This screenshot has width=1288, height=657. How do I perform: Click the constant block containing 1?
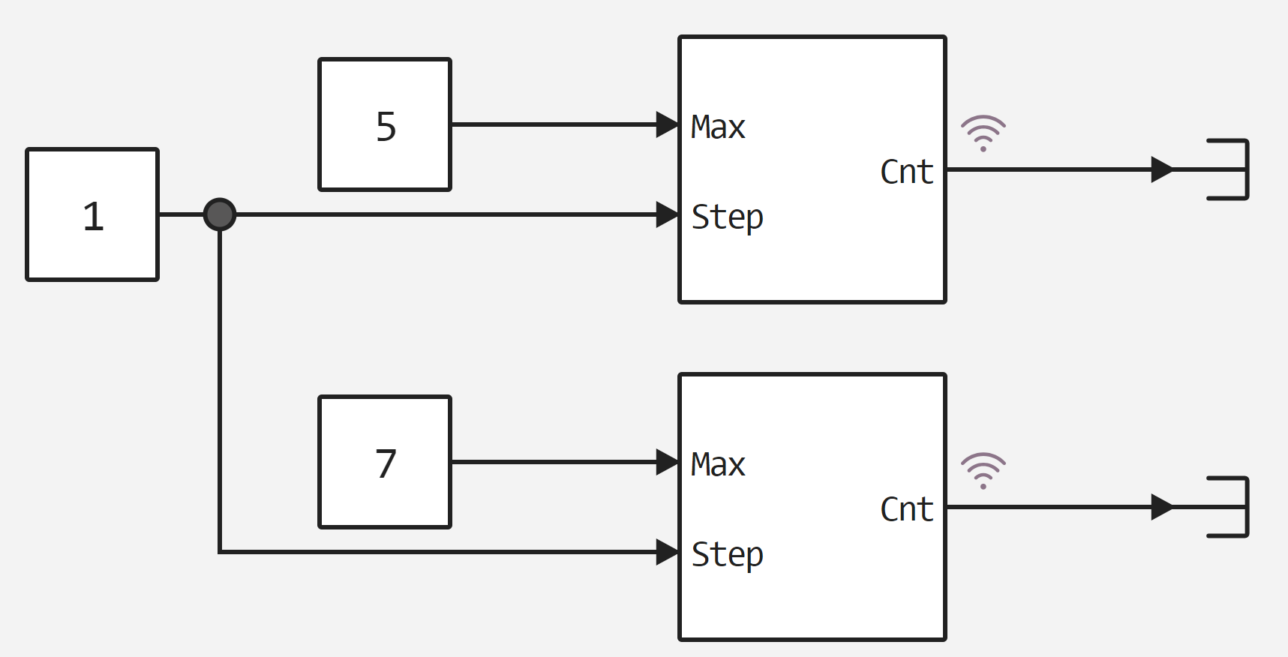(92, 214)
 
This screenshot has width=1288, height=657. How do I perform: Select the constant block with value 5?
(385, 124)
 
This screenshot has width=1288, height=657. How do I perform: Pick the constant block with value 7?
(385, 462)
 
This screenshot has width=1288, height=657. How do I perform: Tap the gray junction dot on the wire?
(220, 214)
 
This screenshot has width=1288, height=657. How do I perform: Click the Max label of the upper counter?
(718, 127)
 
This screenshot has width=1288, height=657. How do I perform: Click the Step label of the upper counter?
(727, 217)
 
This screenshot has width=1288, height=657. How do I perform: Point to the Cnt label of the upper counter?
(906, 172)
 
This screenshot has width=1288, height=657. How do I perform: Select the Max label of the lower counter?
(718, 464)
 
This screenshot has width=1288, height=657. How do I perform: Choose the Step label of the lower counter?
(727, 555)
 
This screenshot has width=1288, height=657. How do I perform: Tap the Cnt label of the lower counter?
(906, 509)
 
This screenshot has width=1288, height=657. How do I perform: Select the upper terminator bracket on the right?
(1230, 169)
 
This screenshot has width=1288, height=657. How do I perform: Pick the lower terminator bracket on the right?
(1230, 507)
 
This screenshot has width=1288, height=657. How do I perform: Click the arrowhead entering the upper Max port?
(667, 124)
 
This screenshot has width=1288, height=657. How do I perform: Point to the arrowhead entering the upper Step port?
(667, 214)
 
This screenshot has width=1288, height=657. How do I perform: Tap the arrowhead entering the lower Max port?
(667, 462)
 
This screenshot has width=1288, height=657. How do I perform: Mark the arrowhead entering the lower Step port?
(667, 552)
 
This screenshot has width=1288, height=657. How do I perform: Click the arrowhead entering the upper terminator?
(1162, 169)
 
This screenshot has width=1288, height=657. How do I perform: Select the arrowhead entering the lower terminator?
(1162, 507)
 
